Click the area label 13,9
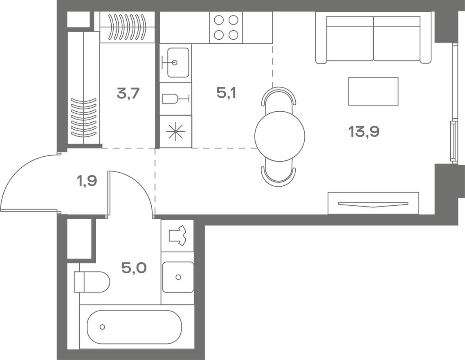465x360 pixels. pyautogui.click(x=364, y=131)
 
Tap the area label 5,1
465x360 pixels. pyautogui.click(x=227, y=93)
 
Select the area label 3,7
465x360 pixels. pyautogui.click(x=128, y=94)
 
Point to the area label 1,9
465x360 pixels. pyautogui.click(x=87, y=180)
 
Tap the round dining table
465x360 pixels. pyautogui.click(x=280, y=136)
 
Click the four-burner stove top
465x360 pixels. pyautogui.click(x=226, y=27)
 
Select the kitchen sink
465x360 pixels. pyautogui.click(x=178, y=63)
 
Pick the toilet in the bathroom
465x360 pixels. pyautogui.click(x=92, y=282)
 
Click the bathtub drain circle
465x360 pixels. pyautogui.click(x=102, y=327)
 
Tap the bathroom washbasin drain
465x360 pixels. pyautogui.click(x=178, y=277)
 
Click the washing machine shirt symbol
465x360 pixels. pyautogui.click(x=177, y=236)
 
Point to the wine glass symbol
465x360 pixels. pyautogui.click(x=175, y=99)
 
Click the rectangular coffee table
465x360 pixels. pyautogui.click(x=373, y=91)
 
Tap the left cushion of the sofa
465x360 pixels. pyautogui.click(x=350, y=38)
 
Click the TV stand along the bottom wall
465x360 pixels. pyautogui.click(x=373, y=203)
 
